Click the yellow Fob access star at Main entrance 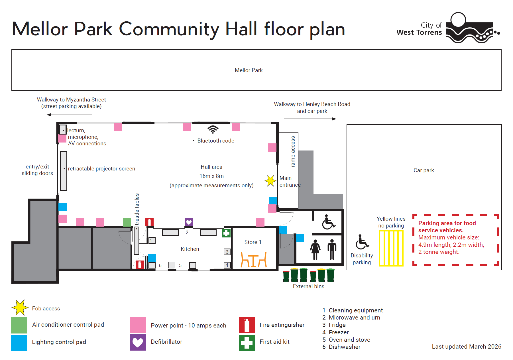[x=270, y=181]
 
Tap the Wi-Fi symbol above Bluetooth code [x=213, y=130]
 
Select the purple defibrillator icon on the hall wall [x=189, y=222]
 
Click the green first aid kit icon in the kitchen [x=226, y=233]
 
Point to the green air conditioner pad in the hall [x=127, y=222]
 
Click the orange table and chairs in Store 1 [x=254, y=260]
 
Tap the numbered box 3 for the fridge [x=227, y=252]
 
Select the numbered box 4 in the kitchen [x=227, y=265]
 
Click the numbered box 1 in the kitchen [x=152, y=240]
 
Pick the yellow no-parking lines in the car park [x=391, y=248]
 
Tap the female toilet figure [x=315, y=249]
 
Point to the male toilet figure [x=332, y=249]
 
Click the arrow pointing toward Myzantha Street [x=69, y=115]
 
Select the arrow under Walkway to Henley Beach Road [x=310, y=119]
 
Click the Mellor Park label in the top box [x=249, y=70]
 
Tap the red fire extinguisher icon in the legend [x=247, y=325]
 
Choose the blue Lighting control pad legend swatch [x=19, y=343]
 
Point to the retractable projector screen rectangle [x=64, y=171]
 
